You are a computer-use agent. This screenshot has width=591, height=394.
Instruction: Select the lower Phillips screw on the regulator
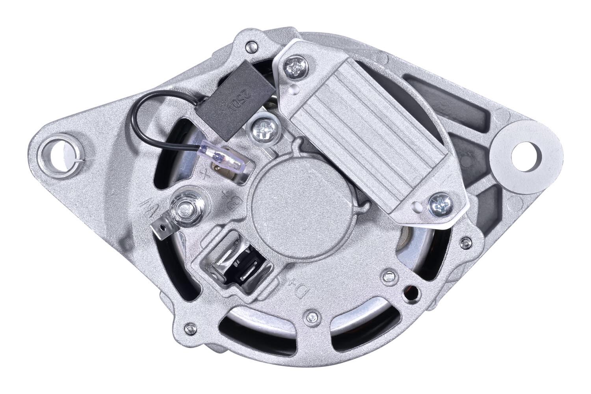click(x=438, y=204)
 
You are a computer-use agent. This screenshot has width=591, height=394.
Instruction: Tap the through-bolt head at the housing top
click(x=249, y=48)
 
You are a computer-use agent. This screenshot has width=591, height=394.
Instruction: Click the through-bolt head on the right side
click(x=467, y=242)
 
